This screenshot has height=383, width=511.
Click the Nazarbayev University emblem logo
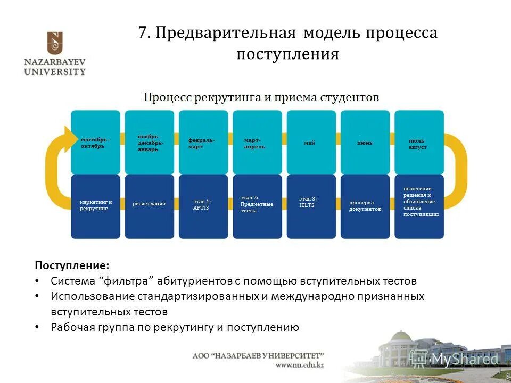click(54, 42)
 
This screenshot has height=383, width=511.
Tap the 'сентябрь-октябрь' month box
click(96, 142)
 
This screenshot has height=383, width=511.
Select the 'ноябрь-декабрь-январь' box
click(150, 142)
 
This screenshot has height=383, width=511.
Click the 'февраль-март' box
click(203, 142)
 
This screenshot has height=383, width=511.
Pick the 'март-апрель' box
click(257, 142)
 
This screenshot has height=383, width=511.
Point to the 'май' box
click(311, 142)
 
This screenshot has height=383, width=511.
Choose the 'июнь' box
click(365, 142)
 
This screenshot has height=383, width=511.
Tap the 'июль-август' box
click(419, 142)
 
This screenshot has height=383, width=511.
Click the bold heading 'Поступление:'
click(72, 265)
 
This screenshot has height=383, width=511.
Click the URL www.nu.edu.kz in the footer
click(299, 365)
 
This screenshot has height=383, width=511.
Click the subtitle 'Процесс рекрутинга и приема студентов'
click(261, 97)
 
